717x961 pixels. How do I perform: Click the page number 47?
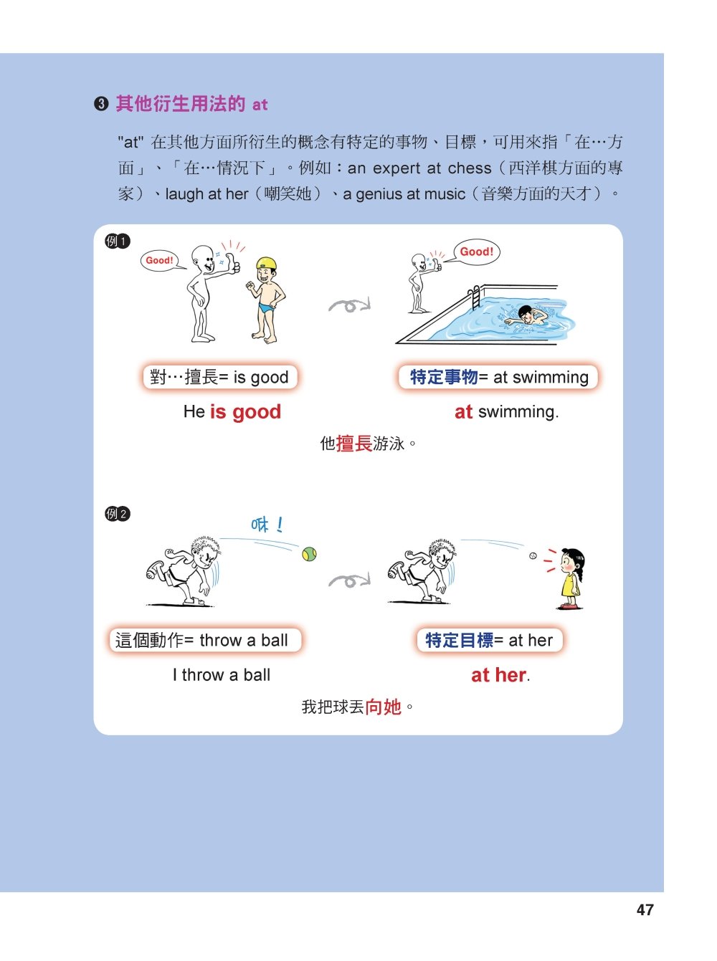tap(645, 910)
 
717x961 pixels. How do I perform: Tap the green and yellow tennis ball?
tap(309, 554)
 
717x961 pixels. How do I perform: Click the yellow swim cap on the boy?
tap(267, 264)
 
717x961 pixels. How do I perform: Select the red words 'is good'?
tap(245, 412)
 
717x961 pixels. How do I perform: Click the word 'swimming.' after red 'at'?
tap(518, 412)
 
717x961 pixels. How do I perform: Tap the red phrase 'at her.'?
tap(500, 675)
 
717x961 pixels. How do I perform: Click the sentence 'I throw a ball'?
tap(221, 674)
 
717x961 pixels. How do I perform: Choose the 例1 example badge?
tap(118, 241)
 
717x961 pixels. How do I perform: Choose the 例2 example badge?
tap(118, 514)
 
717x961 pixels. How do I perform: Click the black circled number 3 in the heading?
tap(101, 104)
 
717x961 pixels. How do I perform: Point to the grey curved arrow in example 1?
tap(349, 305)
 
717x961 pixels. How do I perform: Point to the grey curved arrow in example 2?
tap(349, 580)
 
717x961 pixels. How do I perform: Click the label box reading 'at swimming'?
tap(498, 377)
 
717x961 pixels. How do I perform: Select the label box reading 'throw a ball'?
tap(205, 640)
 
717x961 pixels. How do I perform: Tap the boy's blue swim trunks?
tap(266, 307)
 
